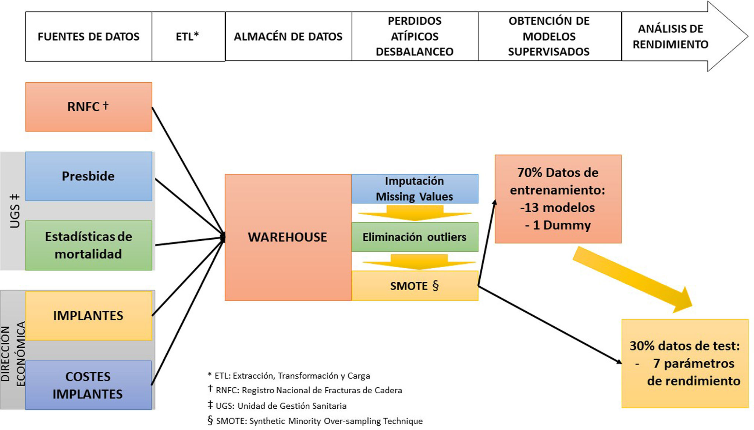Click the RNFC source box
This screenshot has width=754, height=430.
pyautogui.click(x=89, y=107)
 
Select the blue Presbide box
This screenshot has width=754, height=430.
pyautogui.click(x=89, y=176)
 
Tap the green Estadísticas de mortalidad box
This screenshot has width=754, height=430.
pyautogui.click(x=89, y=245)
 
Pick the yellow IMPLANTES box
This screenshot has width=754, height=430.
pyautogui.click(x=89, y=316)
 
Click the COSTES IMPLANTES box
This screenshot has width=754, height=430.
pyautogui.click(x=88, y=385)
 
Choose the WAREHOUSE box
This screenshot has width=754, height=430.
pyautogui.click(x=288, y=237)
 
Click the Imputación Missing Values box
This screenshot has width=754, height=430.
pyautogui.click(x=415, y=189)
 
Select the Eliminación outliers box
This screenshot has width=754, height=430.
pyautogui.click(x=415, y=237)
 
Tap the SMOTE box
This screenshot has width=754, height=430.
pyautogui.click(x=415, y=286)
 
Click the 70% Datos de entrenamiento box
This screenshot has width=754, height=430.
pyautogui.click(x=558, y=199)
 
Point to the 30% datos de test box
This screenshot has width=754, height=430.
pyautogui.click(x=685, y=363)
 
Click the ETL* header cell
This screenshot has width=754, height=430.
pyautogui.click(x=188, y=36)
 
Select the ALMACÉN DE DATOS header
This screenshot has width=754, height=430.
pyautogui.click(x=288, y=36)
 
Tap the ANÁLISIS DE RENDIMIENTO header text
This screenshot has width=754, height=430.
pyautogui.click(x=670, y=36)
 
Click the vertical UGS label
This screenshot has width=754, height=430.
pyautogui.click(x=15, y=211)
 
